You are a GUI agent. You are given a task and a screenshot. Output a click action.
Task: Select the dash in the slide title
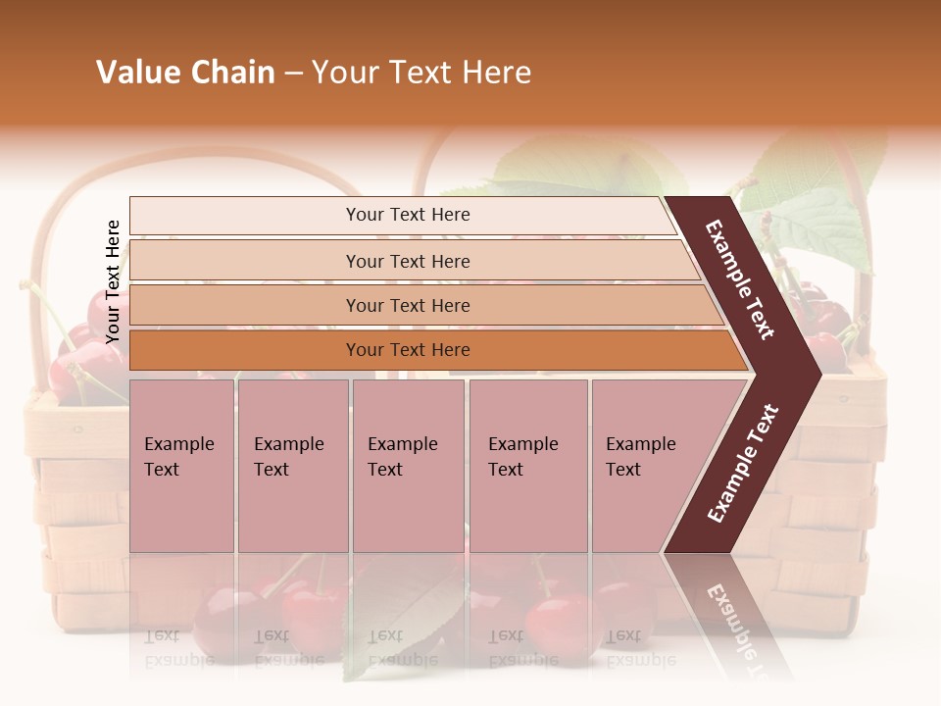[293, 74]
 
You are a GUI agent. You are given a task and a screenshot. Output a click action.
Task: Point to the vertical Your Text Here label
[113, 281]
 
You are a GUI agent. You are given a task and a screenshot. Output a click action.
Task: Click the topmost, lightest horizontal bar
[402, 215]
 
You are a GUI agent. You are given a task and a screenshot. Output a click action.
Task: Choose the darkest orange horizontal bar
[431, 350]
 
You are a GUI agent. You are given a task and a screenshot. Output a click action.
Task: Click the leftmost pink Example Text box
[181, 465]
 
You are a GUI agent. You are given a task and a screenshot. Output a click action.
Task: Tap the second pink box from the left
[292, 465]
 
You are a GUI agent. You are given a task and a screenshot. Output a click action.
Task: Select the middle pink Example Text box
[408, 465]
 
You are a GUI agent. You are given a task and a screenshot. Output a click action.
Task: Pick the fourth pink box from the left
[528, 465]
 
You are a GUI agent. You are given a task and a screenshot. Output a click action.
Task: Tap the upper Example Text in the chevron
[740, 280]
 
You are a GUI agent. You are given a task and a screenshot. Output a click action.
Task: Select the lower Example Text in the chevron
[743, 463]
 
